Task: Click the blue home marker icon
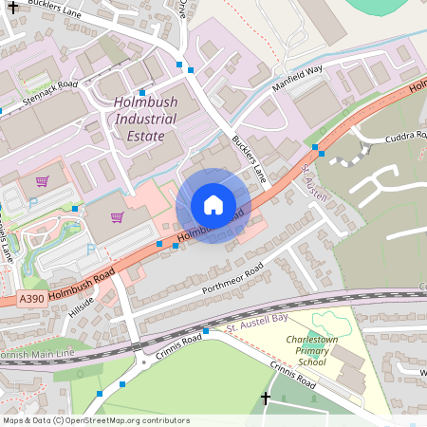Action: coord(213,204)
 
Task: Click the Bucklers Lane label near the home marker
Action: coord(249,158)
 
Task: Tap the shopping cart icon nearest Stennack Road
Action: coord(42,180)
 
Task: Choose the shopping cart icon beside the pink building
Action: coord(117,216)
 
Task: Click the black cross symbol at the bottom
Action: coord(265,399)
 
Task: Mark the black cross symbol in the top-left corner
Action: coord(13,6)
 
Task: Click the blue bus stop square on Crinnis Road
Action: coord(206,330)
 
